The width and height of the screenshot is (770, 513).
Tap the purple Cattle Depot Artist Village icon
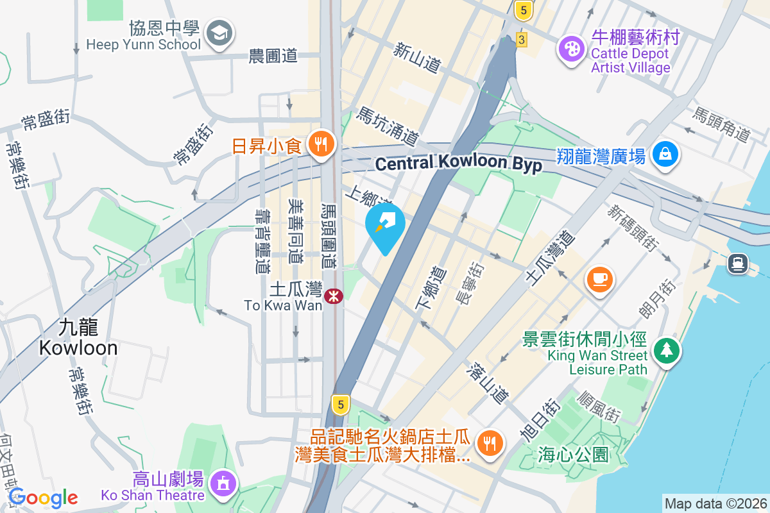pyautogui.click(x=570, y=48)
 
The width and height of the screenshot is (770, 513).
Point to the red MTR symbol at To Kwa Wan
pyautogui.click(x=333, y=296)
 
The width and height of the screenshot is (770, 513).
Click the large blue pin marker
pyautogui.click(x=385, y=226)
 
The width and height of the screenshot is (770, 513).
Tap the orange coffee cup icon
pyautogui.click(x=600, y=279)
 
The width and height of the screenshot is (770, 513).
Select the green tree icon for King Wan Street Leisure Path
pyautogui.click(x=667, y=349)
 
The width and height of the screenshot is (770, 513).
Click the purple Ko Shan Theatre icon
pyautogui.click(x=223, y=483)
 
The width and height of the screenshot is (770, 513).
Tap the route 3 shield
pyautogui.click(x=522, y=40)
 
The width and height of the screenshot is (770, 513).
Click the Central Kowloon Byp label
pyautogui.click(x=458, y=164)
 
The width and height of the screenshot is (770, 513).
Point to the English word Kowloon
pyautogui.click(x=78, y=348)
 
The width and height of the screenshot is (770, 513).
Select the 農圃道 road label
pyautogui.click(x=273, y=56)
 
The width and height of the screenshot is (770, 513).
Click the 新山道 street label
pyautogui.click(x=418, y=57)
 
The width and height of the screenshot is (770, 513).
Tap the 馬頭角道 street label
pyautogui.click(x=721, y=124)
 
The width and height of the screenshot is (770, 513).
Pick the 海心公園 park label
pyautogui.click(x=574, y=455)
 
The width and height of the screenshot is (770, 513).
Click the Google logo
pyautogui.click(x=43, y=498)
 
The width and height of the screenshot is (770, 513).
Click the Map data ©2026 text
pyautogui.click(x=715, y=503)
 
